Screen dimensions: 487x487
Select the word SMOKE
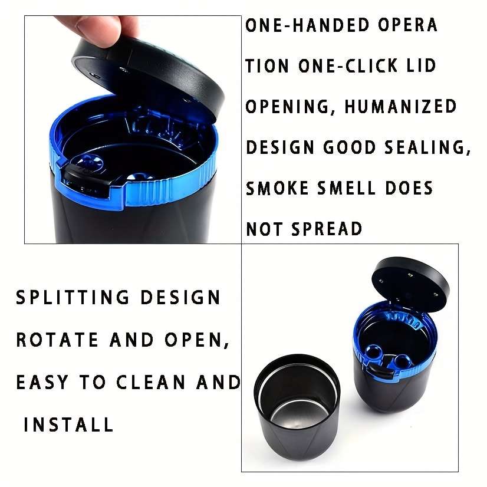[277, 188]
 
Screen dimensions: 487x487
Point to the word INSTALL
[68, 424]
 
